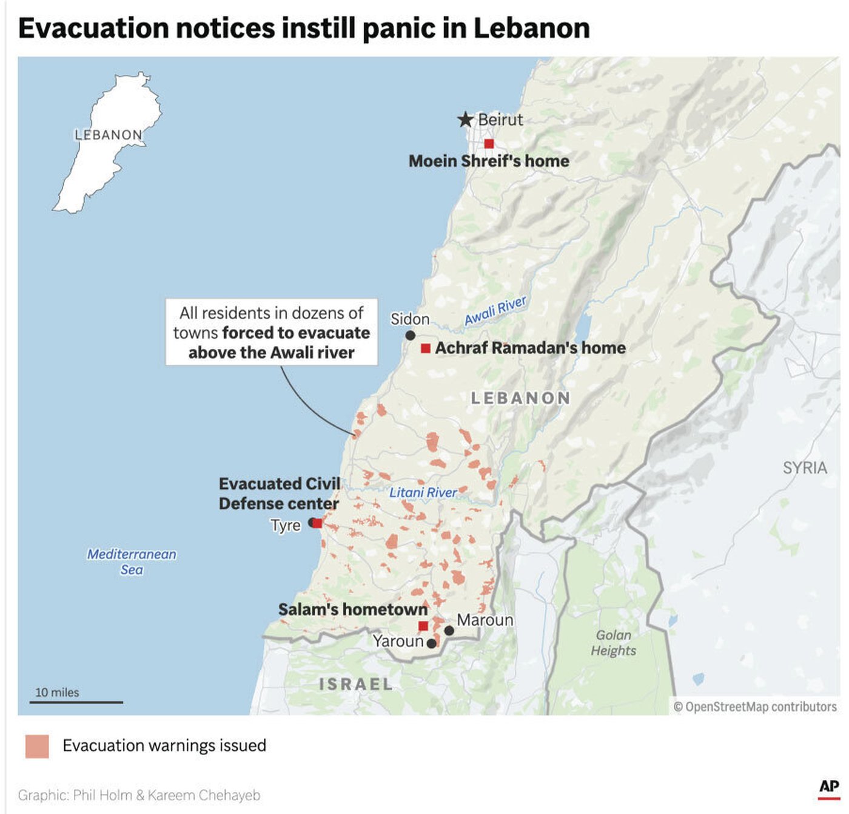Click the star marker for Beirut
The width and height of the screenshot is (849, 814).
(x=465, y=120)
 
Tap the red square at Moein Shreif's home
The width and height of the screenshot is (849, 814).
(x=489, y=144)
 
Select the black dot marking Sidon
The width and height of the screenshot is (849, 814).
(x=411, y=336)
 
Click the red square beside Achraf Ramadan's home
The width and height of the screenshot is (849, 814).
(x=426, y=348)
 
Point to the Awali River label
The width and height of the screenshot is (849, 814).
(x=495, y=311)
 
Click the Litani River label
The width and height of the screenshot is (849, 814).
(x=423, y=492)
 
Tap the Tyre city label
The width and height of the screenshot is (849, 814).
(x=286, y=525)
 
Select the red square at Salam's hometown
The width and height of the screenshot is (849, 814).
(x=423, y=626)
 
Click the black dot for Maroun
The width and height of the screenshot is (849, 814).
(x=449, y=631)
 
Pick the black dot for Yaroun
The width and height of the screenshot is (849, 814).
(x=431, y=643)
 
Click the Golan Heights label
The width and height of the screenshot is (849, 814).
(x=613, y=643)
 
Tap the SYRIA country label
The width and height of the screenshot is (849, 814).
(x=805, y=467)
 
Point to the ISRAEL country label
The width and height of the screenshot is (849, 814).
(x=356, y=684)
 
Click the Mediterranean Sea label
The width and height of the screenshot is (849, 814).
(x=132, y=561)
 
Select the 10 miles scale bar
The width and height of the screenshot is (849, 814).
(x=76, y=702)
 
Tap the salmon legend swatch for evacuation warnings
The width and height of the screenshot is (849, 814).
(x=37, y=746)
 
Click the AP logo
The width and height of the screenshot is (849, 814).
(x=829, y=787)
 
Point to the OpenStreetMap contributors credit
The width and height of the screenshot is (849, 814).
(x=755, y=707)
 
